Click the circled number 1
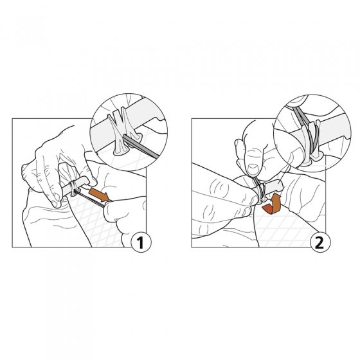point(141,242)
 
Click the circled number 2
point(320,242)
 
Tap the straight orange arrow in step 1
point(99,194)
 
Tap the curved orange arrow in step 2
point(273,205)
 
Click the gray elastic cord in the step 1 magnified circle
point(141,147)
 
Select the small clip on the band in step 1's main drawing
point(74,188)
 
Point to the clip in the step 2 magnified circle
point(311,143)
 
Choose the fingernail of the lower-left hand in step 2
point(254,200)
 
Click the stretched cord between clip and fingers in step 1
point(90,197)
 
